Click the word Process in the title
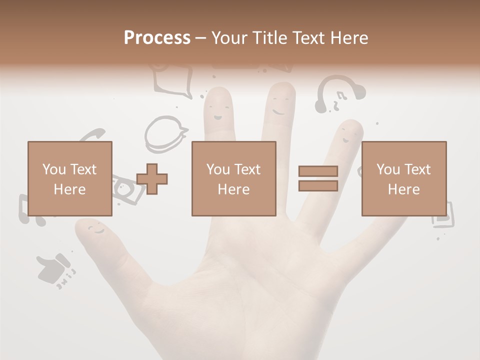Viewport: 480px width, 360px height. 157,37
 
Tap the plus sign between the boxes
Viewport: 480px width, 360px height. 152,179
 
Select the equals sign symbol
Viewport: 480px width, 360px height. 318,178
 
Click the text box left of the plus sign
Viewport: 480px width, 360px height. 70,178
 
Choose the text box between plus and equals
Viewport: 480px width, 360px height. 233,178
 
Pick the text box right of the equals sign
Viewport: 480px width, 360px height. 403,178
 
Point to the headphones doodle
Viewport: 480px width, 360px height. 339,92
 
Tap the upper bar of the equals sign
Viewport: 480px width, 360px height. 318,171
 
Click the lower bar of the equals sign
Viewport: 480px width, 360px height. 318,186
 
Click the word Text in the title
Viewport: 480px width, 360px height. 308,37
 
